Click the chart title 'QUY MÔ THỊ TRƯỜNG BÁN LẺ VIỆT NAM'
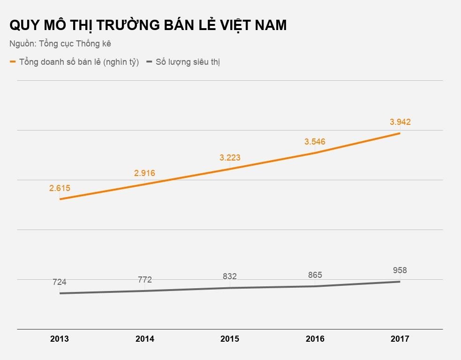click(148, 25)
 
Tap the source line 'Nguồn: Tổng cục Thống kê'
click(60, 44)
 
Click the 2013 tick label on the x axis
click(60, 339)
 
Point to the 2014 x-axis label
click(144, 339)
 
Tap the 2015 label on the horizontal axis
click(230, 339)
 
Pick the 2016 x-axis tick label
click(315, 339)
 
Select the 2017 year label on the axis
click(400, 339)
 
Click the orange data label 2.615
click(60, 188)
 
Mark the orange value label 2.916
click(144, 173)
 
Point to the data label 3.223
click(230, 158)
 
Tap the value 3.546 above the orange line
click(315, 142)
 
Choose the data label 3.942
click(400, 122)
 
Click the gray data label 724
click(60, 282)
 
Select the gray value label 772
click(145, 280)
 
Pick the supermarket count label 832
click(230, 276)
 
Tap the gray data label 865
click(315, 275)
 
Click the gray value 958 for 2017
click(400, 270)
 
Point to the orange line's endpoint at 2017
click(400, 133)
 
